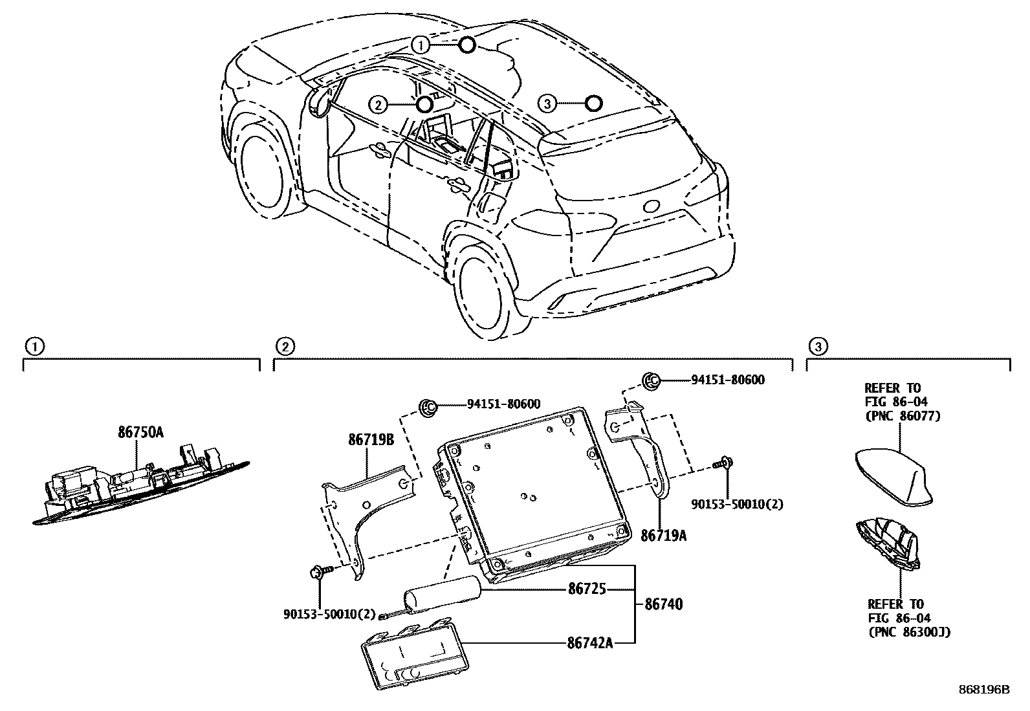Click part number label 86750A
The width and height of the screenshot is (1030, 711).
[x=140, y=433]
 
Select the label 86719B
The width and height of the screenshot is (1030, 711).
[x=371, y=440]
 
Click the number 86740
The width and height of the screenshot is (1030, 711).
[x=663, y=604]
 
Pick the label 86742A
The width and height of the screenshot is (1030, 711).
[x=590, y=643]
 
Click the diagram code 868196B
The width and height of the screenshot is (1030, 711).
[x=983, y=690]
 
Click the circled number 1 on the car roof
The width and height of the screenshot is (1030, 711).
[x=421, y=45]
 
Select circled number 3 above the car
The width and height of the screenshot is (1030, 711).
[x=547, y=104]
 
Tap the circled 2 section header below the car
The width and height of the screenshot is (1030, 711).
[x=285, y=347]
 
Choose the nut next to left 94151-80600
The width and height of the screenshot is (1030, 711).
[x=428, y=406]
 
